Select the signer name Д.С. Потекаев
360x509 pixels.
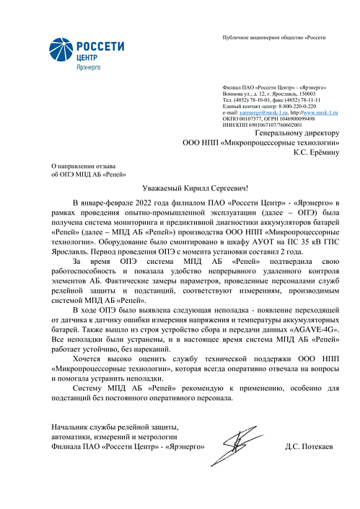pyautogui.click(x=309, y=448)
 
